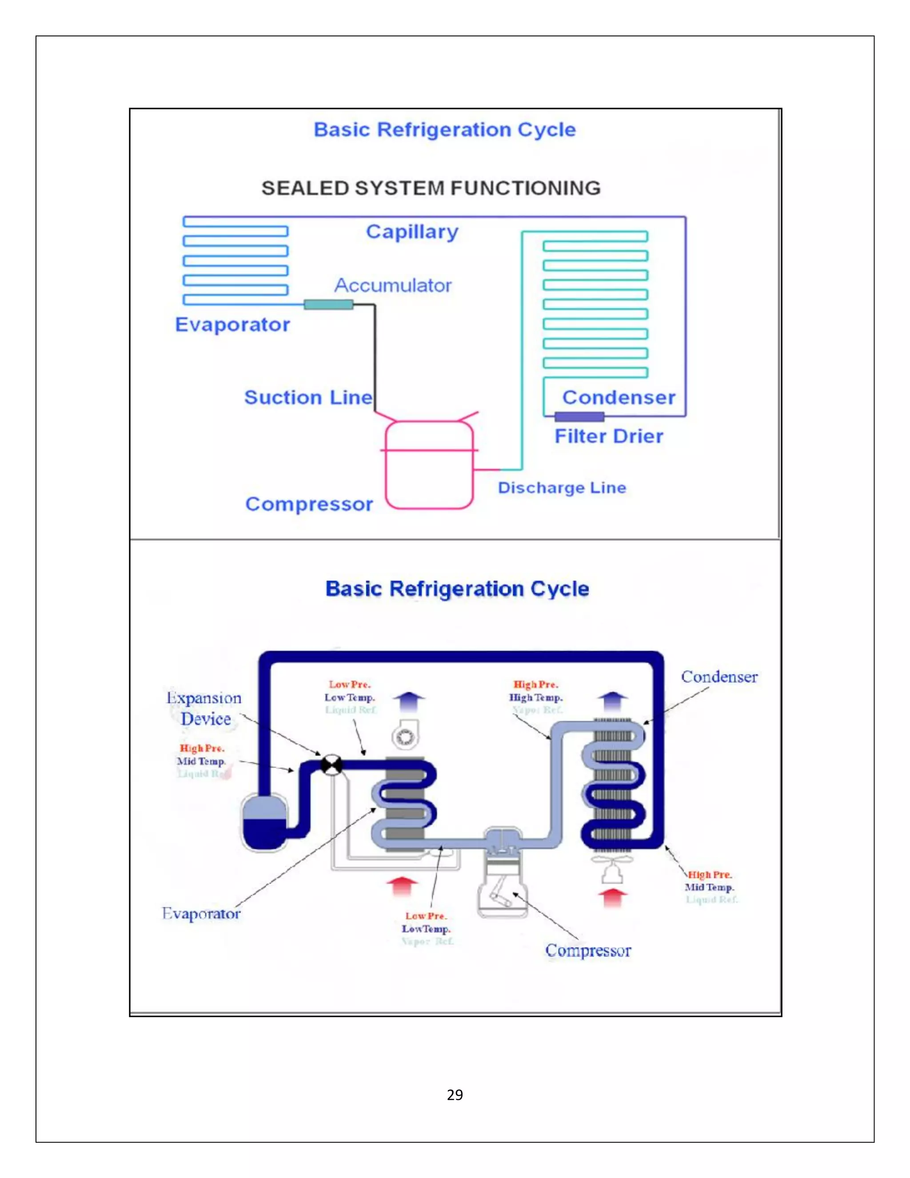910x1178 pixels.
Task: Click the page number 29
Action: (x=455, y=1094)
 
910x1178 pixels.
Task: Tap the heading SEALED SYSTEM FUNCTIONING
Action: (x=431, y=188)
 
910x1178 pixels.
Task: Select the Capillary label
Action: (x=412, y=232)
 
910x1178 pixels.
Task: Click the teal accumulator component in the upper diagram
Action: (x=328, y=305)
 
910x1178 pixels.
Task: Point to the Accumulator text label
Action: (x=392, y=285)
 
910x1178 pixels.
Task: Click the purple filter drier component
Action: (x=579, y=417)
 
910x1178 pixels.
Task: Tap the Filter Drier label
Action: (x=609, y=437)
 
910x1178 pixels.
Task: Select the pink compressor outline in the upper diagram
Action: (x=429, y=465)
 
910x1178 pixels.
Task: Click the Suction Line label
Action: (x=308, y=397)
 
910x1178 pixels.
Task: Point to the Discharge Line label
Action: (x=562, y=488)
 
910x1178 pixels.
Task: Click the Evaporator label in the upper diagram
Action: (x=232, y=325)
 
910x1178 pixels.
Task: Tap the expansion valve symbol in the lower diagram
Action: (x=331, y=765)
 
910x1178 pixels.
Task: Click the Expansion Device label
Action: (x=204, y=708)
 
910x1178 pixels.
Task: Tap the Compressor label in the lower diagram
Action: (x=587, y=950)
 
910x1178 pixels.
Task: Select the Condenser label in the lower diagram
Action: (x=719, y=677)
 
